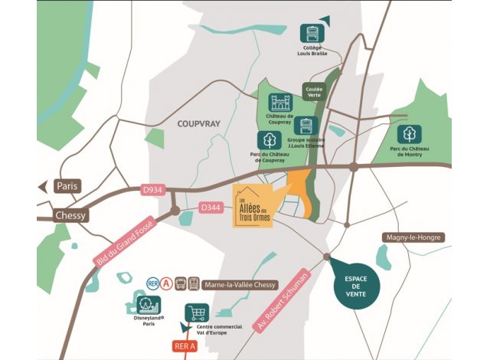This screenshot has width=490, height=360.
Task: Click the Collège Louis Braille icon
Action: (x=312, y=34)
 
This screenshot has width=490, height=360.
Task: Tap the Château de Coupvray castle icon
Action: (x=280, y=103)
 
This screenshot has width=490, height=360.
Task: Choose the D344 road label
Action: (x=211, y=208)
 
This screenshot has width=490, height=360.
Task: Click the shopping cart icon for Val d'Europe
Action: (x=198, y=313)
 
